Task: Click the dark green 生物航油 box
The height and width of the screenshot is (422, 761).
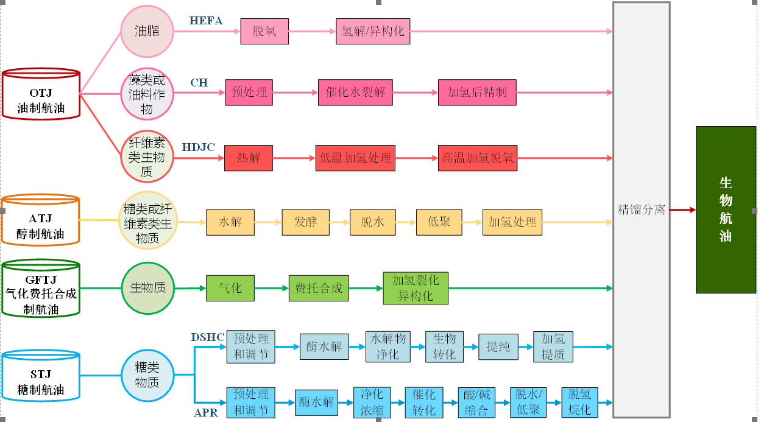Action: coord(725,209)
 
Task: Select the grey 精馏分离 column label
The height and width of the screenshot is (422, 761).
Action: coord(641,209)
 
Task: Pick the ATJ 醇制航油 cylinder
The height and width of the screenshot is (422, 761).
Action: coord(40,220)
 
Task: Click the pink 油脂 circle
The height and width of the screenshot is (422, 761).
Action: coord(147,30)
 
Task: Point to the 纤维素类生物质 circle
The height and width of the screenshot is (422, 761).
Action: coord(147,156)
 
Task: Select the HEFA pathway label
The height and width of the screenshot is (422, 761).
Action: coord(206,21)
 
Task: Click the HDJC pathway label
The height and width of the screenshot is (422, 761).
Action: coord(199,147)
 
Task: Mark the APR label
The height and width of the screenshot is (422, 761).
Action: coord(206,413)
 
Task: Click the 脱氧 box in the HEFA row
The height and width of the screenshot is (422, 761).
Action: coord(264,31)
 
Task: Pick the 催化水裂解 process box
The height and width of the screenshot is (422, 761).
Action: coord(355,93)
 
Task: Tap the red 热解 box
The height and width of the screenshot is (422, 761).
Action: coord(249,158)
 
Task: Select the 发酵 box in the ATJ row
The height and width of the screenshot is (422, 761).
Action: coord(306,222)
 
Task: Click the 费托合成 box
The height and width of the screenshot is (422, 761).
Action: coord(319,288)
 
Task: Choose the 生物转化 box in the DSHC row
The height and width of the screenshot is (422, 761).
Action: coord(444,346)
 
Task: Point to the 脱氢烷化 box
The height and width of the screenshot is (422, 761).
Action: coord(579,402)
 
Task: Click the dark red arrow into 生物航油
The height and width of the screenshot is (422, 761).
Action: coord(682,210)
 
